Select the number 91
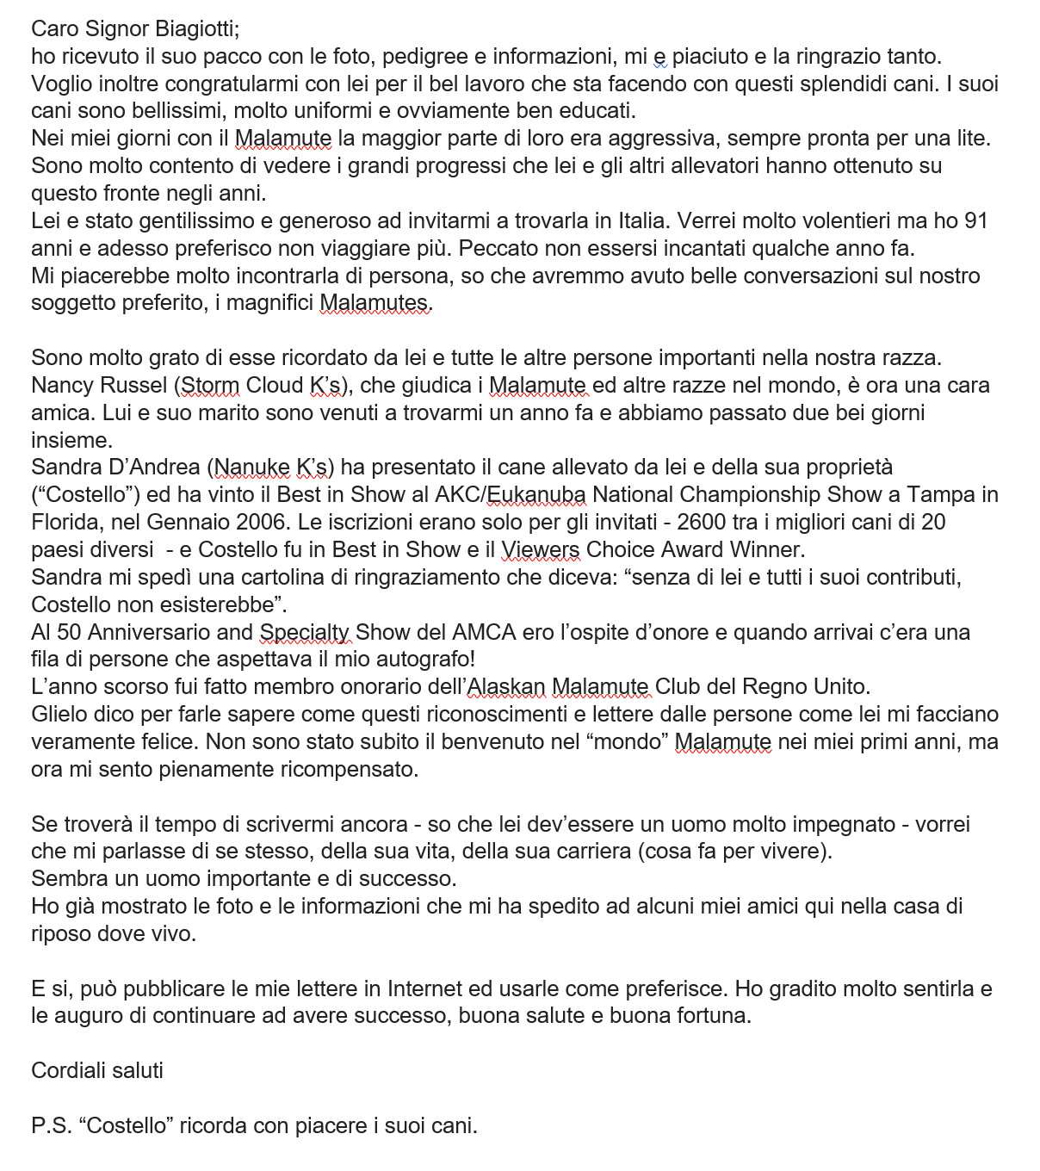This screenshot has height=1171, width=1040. point(975,221)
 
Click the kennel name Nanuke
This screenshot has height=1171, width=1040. point(252,468)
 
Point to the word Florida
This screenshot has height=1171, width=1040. point(63,523)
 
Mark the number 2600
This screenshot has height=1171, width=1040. point(704,523)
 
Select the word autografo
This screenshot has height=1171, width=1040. point(420,660)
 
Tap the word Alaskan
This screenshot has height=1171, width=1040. point(506,687)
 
